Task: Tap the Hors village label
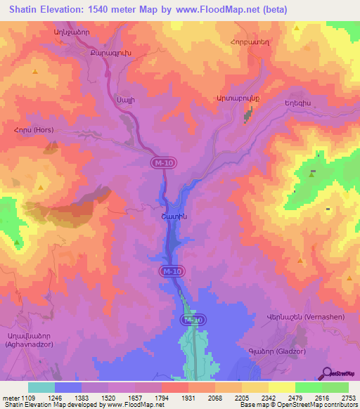[28, 130]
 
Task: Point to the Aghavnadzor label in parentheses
[28, 345]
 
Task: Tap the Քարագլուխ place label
[107, 53]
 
